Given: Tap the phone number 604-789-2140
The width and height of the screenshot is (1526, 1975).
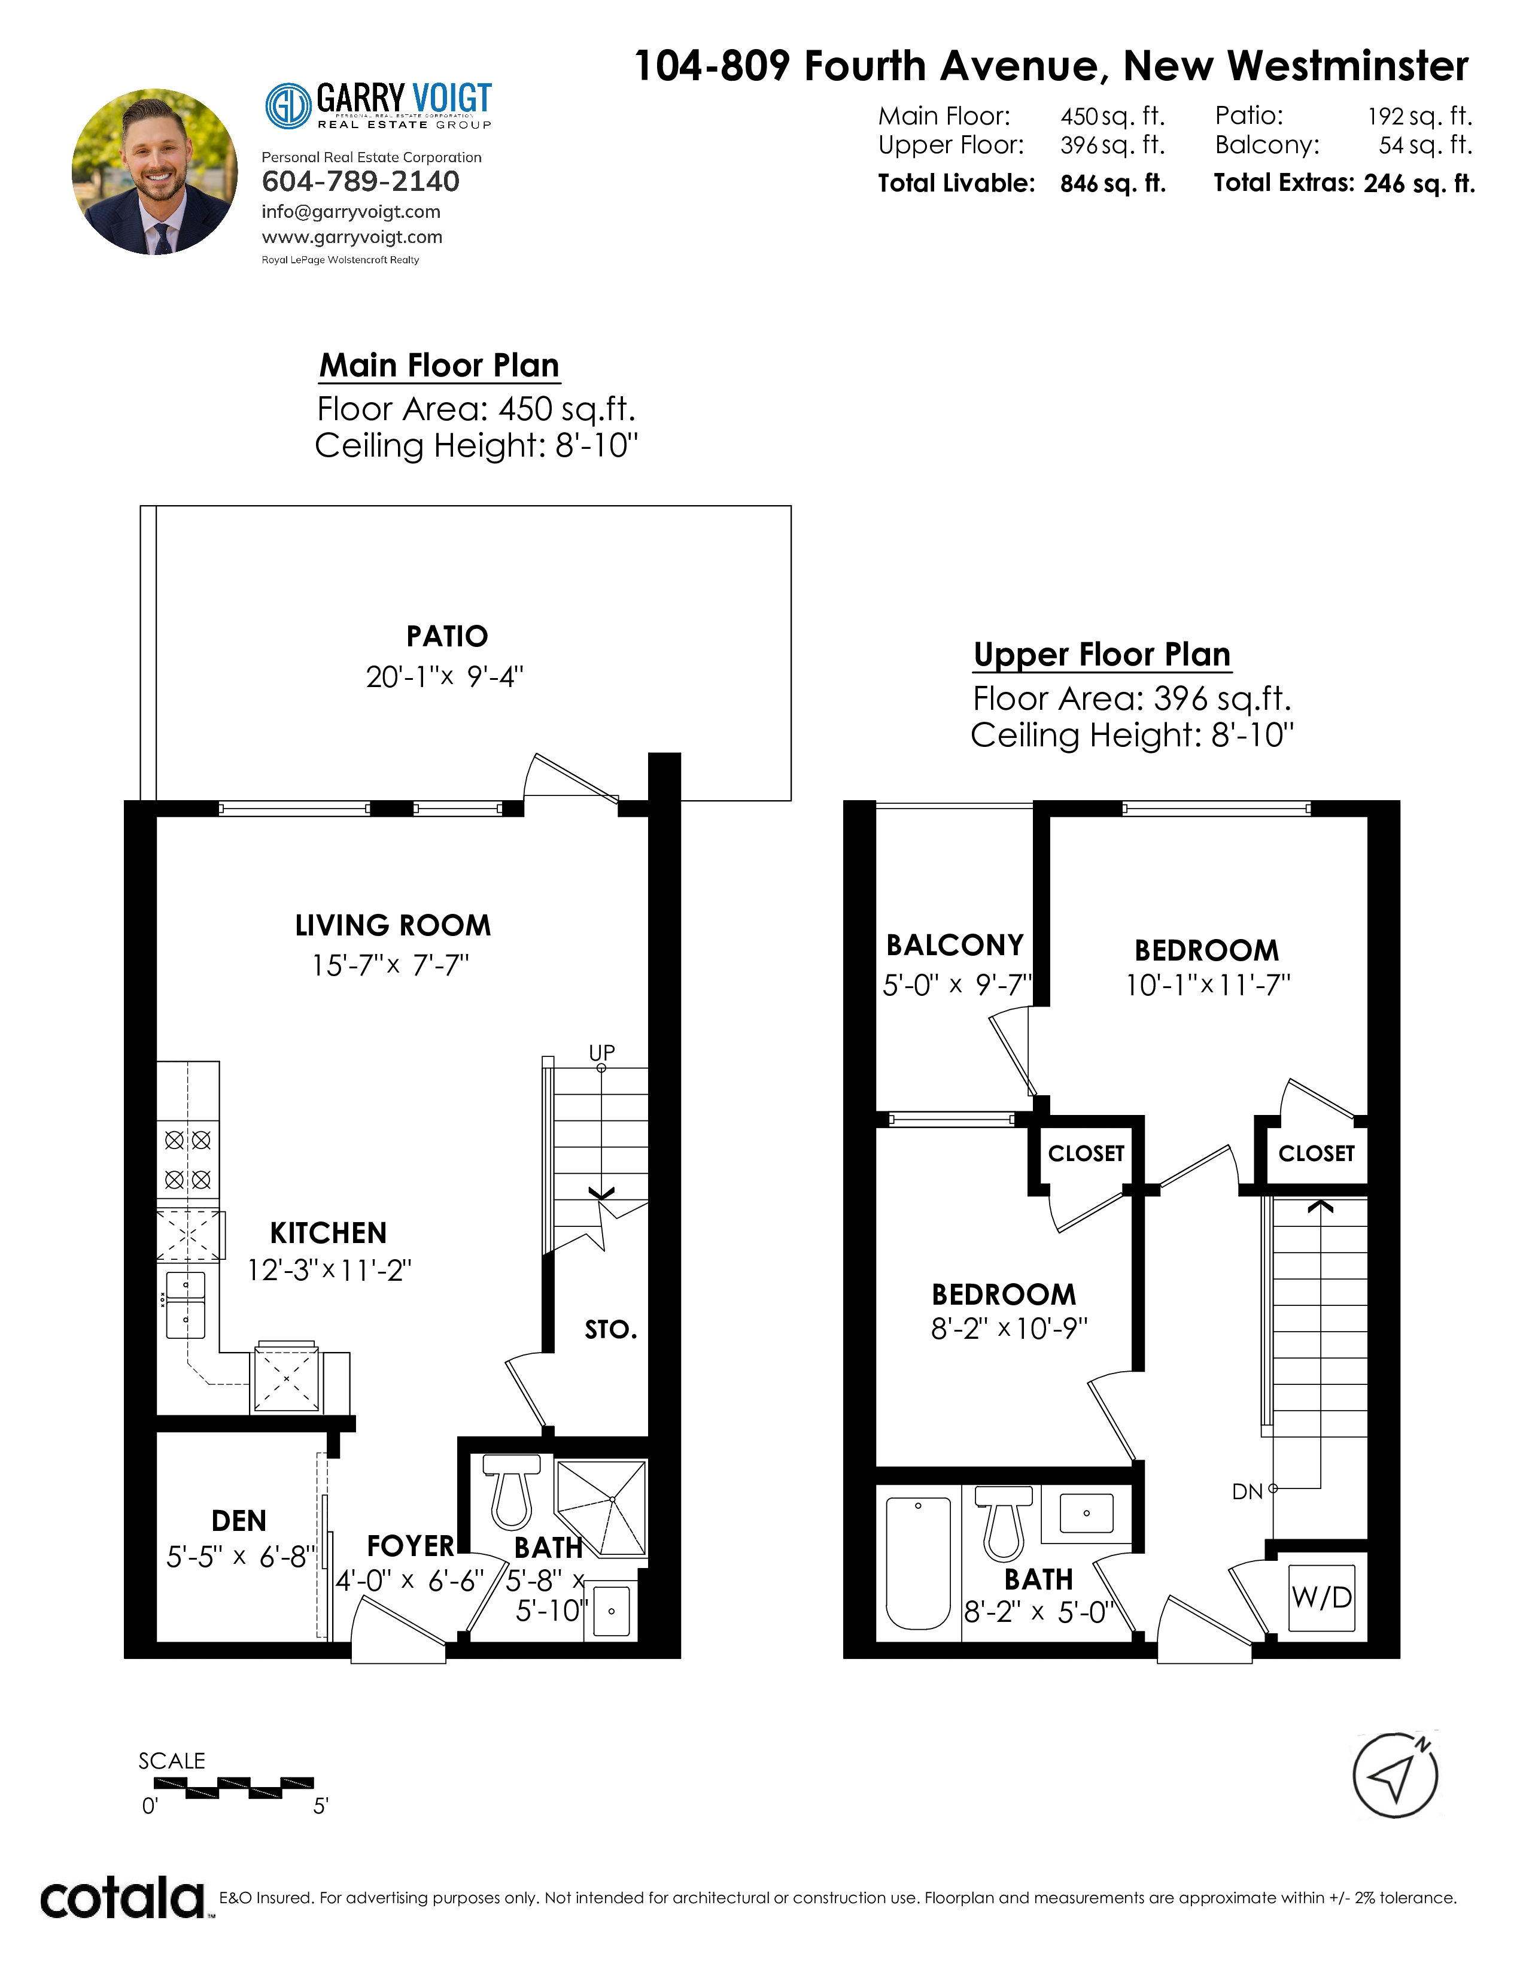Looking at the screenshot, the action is (361, 182).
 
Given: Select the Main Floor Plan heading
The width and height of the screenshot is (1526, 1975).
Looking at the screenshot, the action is (439, 365).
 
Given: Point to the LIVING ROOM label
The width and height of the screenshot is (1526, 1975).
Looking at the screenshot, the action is (393, 925).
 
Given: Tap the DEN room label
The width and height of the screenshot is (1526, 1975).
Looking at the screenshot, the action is (239, 1521).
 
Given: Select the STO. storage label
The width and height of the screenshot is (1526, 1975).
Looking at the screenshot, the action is (611, 1329).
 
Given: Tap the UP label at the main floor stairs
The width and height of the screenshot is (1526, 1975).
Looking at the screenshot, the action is (602, 1053).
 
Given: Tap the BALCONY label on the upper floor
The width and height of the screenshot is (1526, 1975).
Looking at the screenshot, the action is (954, 945).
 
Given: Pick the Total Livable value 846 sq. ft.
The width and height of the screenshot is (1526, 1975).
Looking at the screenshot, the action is (1113, 184).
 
